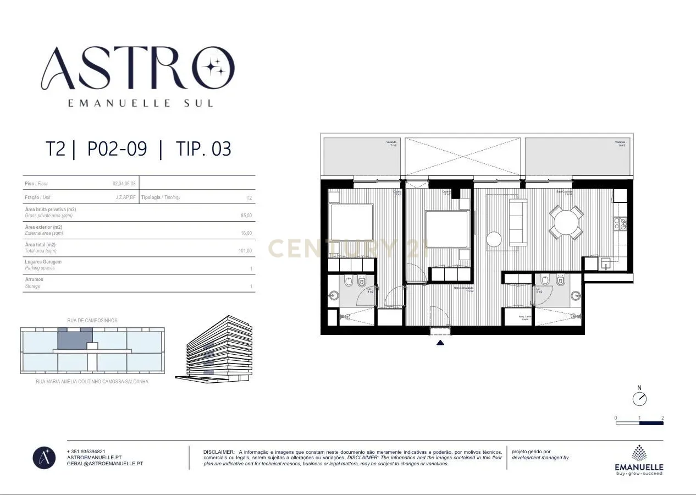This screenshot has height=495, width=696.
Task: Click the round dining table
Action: [x=566, y=223]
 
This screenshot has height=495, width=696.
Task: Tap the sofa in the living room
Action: [x=518, y=222]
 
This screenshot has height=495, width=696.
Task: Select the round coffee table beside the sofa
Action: [x=494, y=239]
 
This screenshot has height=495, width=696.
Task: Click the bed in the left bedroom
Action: [x=352, y=222]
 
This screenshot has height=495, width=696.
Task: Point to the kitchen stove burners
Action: [x=620, y=224]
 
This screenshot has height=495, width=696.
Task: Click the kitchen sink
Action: [x=606, y=263]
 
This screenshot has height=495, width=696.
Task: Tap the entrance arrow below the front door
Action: [x=440, y=343]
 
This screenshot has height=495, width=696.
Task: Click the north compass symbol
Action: [x=639, y=398]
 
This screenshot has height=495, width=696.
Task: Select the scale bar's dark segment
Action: [x=651, y=423]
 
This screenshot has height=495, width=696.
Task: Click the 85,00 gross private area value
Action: [x=246, y=216]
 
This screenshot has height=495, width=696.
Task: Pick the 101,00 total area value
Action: [x=245, y=251]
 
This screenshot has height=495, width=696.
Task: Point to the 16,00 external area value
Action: [x=246, y=233]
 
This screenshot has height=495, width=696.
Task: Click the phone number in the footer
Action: [x=86, y=452]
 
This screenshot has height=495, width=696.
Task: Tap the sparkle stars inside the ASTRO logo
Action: [x=214, y=67]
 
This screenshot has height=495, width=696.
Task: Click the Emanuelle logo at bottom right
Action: [x=639, y=460]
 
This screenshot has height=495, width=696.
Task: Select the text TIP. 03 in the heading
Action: [x=203, y=149]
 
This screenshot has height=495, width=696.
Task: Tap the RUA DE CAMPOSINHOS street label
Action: [x=92, y=321]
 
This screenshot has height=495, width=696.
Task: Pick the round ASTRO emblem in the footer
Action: [x=44, y=458]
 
